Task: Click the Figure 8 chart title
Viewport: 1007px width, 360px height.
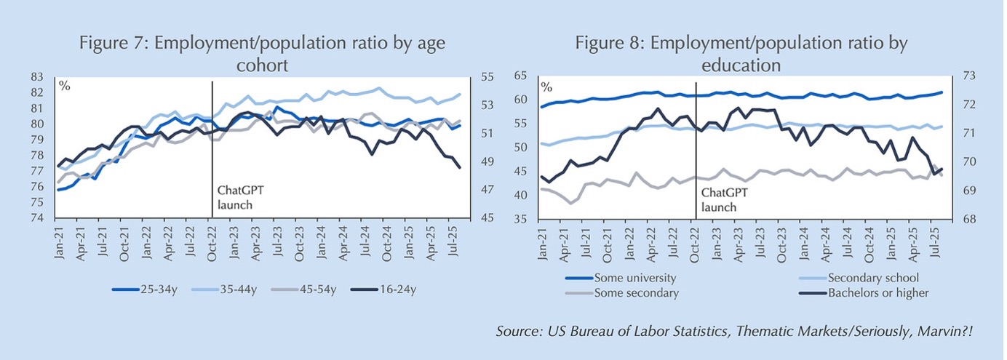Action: click(x=741, y=54)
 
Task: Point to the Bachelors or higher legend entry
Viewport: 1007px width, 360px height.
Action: click(x=877, y=293)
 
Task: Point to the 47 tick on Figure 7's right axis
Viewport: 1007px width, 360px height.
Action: click(x=487, y=191)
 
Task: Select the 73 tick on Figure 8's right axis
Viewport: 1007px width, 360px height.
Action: click(x=968, y=76)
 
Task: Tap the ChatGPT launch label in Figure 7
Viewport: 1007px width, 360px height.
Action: click(x=236, y=197)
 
